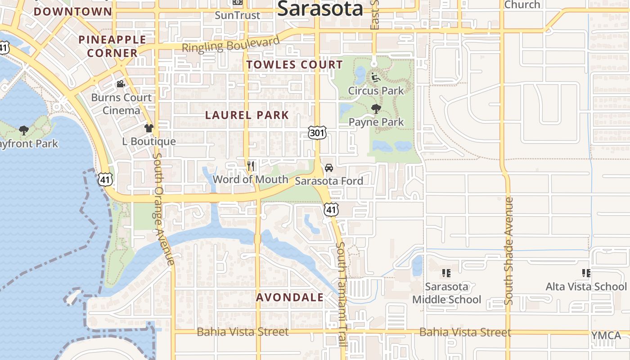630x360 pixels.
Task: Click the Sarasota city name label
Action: [x=320, y=9]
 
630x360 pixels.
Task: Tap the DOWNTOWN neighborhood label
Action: [x=73, y=11]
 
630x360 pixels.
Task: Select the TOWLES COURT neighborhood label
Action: [x=295, y=64]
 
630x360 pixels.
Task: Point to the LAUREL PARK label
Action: [x=247, y=115]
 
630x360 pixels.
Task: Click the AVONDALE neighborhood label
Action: [x=290, y=297]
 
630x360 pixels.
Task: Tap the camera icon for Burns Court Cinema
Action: [x=121, y=84]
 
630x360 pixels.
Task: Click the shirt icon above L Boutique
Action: [x=149, y=128]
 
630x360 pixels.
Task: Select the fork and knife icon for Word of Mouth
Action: [x=251, y=166]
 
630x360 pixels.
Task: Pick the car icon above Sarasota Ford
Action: [x=329, y=168]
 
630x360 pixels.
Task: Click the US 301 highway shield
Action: [x=317, y=132]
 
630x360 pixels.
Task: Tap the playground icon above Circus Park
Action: [x=376, y=77]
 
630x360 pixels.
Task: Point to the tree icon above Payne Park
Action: [x=376, y=108]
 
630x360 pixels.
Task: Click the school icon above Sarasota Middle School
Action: [x=446, y=273]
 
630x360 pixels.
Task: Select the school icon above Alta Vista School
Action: [x=586, y=273]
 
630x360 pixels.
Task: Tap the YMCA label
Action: [x=606, y=335]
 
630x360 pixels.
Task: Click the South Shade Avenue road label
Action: [x=509, y=251]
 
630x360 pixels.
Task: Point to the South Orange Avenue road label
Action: [x=163, y=209]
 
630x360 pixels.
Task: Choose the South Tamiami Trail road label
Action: [x=342, y=293]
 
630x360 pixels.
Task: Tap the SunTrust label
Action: [x=237, y=15]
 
